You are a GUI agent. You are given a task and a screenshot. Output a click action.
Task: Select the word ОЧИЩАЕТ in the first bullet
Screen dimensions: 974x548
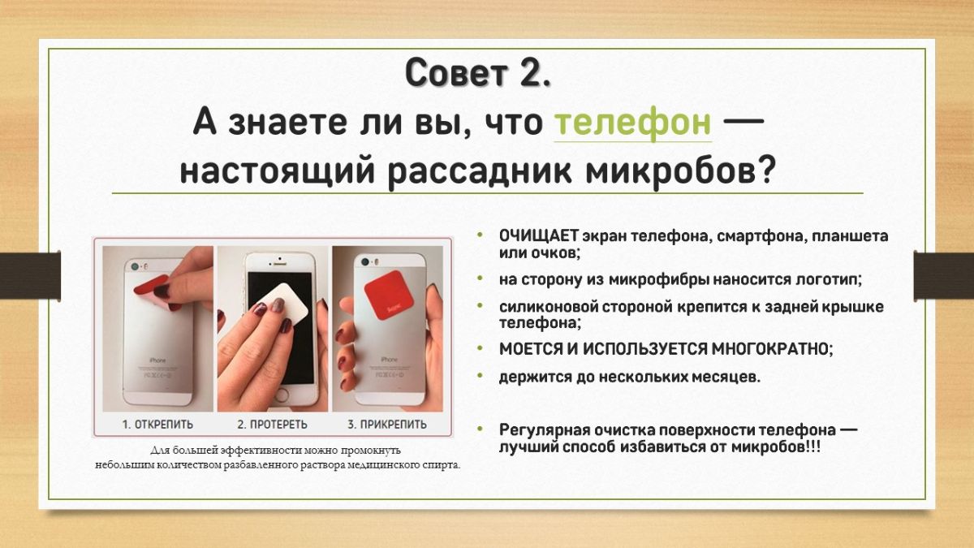[539, 236]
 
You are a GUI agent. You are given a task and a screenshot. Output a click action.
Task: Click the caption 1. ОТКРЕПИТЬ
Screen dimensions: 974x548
[157, 425]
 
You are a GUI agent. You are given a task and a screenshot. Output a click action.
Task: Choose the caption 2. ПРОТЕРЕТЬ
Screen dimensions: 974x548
[272, 425]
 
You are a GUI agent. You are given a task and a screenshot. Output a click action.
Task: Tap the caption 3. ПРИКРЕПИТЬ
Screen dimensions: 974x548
[387, 425]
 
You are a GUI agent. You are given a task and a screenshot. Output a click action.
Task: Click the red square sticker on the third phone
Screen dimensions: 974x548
[388, 296]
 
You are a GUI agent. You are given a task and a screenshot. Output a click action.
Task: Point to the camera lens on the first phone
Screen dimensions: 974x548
[136, 265]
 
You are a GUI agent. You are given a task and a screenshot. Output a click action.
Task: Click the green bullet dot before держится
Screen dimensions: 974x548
[480, 375]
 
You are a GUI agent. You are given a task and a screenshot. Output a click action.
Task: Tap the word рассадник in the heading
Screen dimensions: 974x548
[479, 171]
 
